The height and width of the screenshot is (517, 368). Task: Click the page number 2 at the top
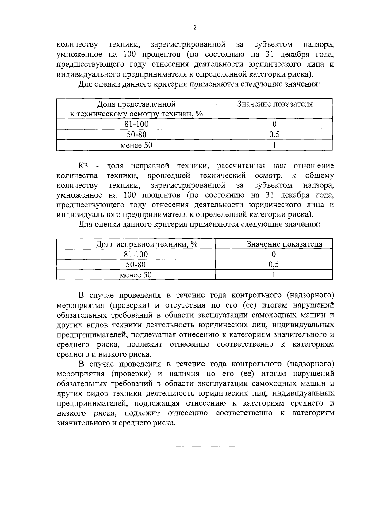[195, 28]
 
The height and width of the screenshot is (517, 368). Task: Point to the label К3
[83, 166]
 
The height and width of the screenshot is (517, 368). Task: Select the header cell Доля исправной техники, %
[147, 244]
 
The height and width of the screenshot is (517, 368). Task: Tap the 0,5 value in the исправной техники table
[274, 264]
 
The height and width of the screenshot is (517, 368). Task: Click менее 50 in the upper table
[136, 145]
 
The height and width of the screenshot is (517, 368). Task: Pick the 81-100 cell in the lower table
[136, 254]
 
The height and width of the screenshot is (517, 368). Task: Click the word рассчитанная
[241, 166]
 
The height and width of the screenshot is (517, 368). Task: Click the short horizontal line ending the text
[206, 445]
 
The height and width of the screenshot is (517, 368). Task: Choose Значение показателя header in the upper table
[275, 104]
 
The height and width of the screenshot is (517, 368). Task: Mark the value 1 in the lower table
[274, 274]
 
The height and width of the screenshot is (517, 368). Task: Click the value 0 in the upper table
[274, 124]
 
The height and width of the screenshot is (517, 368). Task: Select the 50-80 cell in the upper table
[136, 134]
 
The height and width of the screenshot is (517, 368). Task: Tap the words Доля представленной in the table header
[136, 104]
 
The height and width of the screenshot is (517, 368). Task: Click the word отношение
[314, 166]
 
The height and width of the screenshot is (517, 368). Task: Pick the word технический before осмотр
[222, 176]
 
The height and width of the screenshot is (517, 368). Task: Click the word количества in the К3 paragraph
[77, 176]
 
